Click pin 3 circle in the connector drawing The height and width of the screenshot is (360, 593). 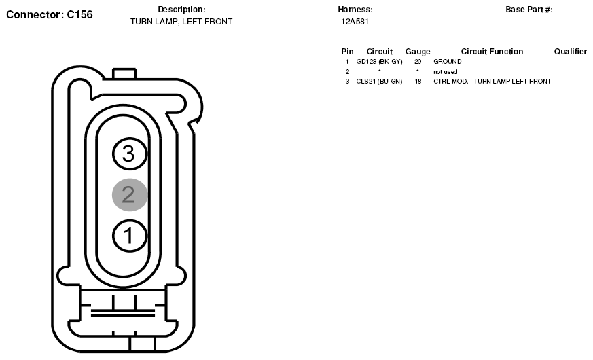point(129,154)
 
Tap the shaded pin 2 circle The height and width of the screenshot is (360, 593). point(129,194)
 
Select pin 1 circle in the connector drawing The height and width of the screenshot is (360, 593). point(129,235)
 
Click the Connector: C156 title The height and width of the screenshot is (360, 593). point(50,14)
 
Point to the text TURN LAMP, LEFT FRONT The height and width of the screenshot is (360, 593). point(181,22)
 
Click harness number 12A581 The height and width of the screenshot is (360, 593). point(355,22)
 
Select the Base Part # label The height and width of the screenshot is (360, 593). point(529,10)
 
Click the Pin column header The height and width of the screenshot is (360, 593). point(347,52)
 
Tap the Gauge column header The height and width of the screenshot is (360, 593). point(418,52)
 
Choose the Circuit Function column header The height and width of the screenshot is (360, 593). point(492,52)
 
